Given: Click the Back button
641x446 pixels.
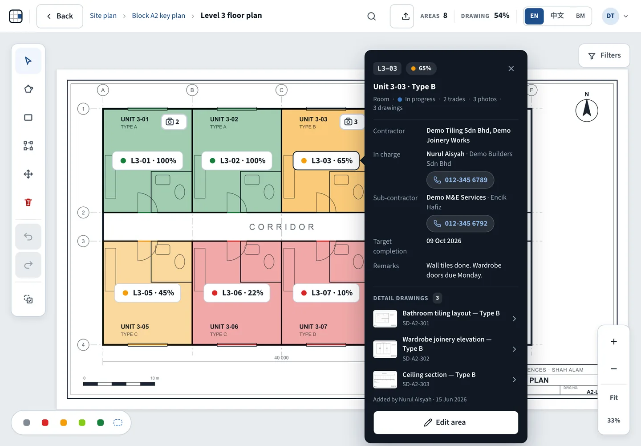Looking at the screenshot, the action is pos(60,16).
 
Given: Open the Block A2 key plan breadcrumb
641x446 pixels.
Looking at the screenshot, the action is pos(158,16).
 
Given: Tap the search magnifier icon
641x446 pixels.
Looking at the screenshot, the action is pos(371,16).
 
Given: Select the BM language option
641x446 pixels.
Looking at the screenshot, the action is pos(580,16).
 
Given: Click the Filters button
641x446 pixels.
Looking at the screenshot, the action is pos(604,56).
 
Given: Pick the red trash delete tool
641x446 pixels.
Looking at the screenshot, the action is pos(28,202).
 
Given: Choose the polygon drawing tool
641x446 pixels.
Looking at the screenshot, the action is pos(28,89).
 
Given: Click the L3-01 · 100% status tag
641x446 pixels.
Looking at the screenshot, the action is pos(148,161).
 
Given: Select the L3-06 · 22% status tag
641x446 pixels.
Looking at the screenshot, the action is pos(237,293).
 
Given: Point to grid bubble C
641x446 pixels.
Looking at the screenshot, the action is pos(281,90).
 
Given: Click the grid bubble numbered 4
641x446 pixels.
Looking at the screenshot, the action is pos(83,345).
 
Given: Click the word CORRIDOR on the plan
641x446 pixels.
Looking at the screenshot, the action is pos(282,227).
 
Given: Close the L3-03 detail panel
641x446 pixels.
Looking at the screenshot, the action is pos(511,69).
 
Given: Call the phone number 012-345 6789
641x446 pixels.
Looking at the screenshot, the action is pos(460,180).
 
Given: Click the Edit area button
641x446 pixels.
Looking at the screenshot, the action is pos(446,422).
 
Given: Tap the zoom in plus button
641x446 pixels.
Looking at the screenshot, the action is pos(613,341).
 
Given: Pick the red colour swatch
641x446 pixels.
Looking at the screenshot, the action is pos(45,422).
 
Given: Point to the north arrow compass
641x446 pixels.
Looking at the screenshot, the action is pos(587,109).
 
